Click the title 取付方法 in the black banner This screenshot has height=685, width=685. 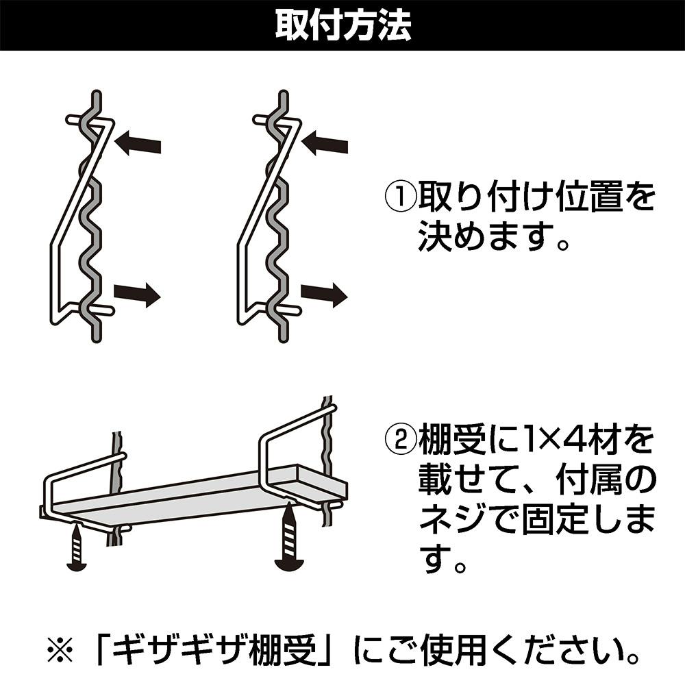(x=342, y=25)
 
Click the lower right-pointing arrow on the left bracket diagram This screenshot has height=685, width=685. (x=137, y=295)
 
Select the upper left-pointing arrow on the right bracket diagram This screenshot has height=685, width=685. (x=325, y=144)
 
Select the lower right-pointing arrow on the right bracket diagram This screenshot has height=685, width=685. (x=323, y=295)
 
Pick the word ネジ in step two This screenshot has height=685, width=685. (x=447, y=521)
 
